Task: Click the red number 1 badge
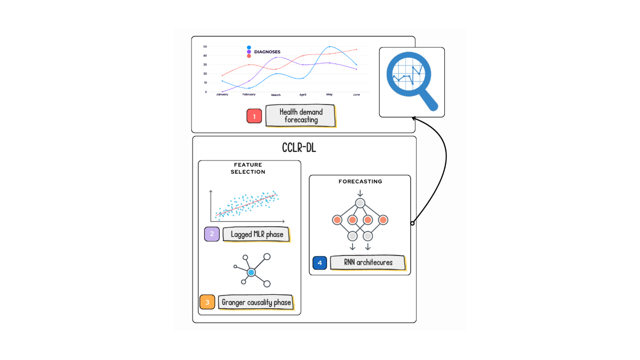(254, 116)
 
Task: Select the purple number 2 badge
(212, 234)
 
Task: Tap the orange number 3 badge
(207, 302)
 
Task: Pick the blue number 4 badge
(319, 262)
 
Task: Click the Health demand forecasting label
(301, 116)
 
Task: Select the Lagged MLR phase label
(257, 234)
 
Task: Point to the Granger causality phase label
(256, 302)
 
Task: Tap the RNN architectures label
(368, 262)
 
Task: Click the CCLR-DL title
(299, 148)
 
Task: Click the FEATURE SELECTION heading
(248, 169)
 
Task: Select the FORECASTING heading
(361, 181)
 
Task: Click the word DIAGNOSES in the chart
(267, 52)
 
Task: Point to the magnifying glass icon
(411, 81)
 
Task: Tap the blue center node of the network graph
(251, 273)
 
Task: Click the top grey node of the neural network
(360, 203)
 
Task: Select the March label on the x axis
(276, 95)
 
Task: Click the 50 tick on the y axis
(205, 46)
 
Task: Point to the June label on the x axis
(356, 94)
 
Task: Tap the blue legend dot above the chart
(249, 47)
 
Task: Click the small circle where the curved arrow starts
(412, 223)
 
